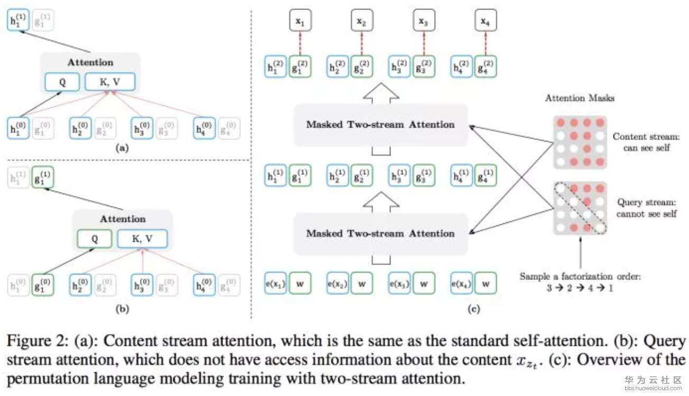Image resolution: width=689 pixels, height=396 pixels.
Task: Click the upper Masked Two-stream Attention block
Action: [x=380, y=125]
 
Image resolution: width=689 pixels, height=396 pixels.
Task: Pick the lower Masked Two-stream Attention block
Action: [x=380, y=233]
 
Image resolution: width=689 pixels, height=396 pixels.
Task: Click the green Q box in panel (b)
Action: [x=94, y=238]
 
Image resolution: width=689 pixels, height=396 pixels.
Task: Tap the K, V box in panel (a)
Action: [x=110, y=82]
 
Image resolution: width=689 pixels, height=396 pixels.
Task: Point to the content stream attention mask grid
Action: [x=580, y=142]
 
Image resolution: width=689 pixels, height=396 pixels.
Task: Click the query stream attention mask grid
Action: [x=580, y=208]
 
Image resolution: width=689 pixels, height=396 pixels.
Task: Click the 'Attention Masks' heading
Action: [x=580, y=98]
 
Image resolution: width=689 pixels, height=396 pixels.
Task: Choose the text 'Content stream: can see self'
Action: [x=645, y=142]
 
